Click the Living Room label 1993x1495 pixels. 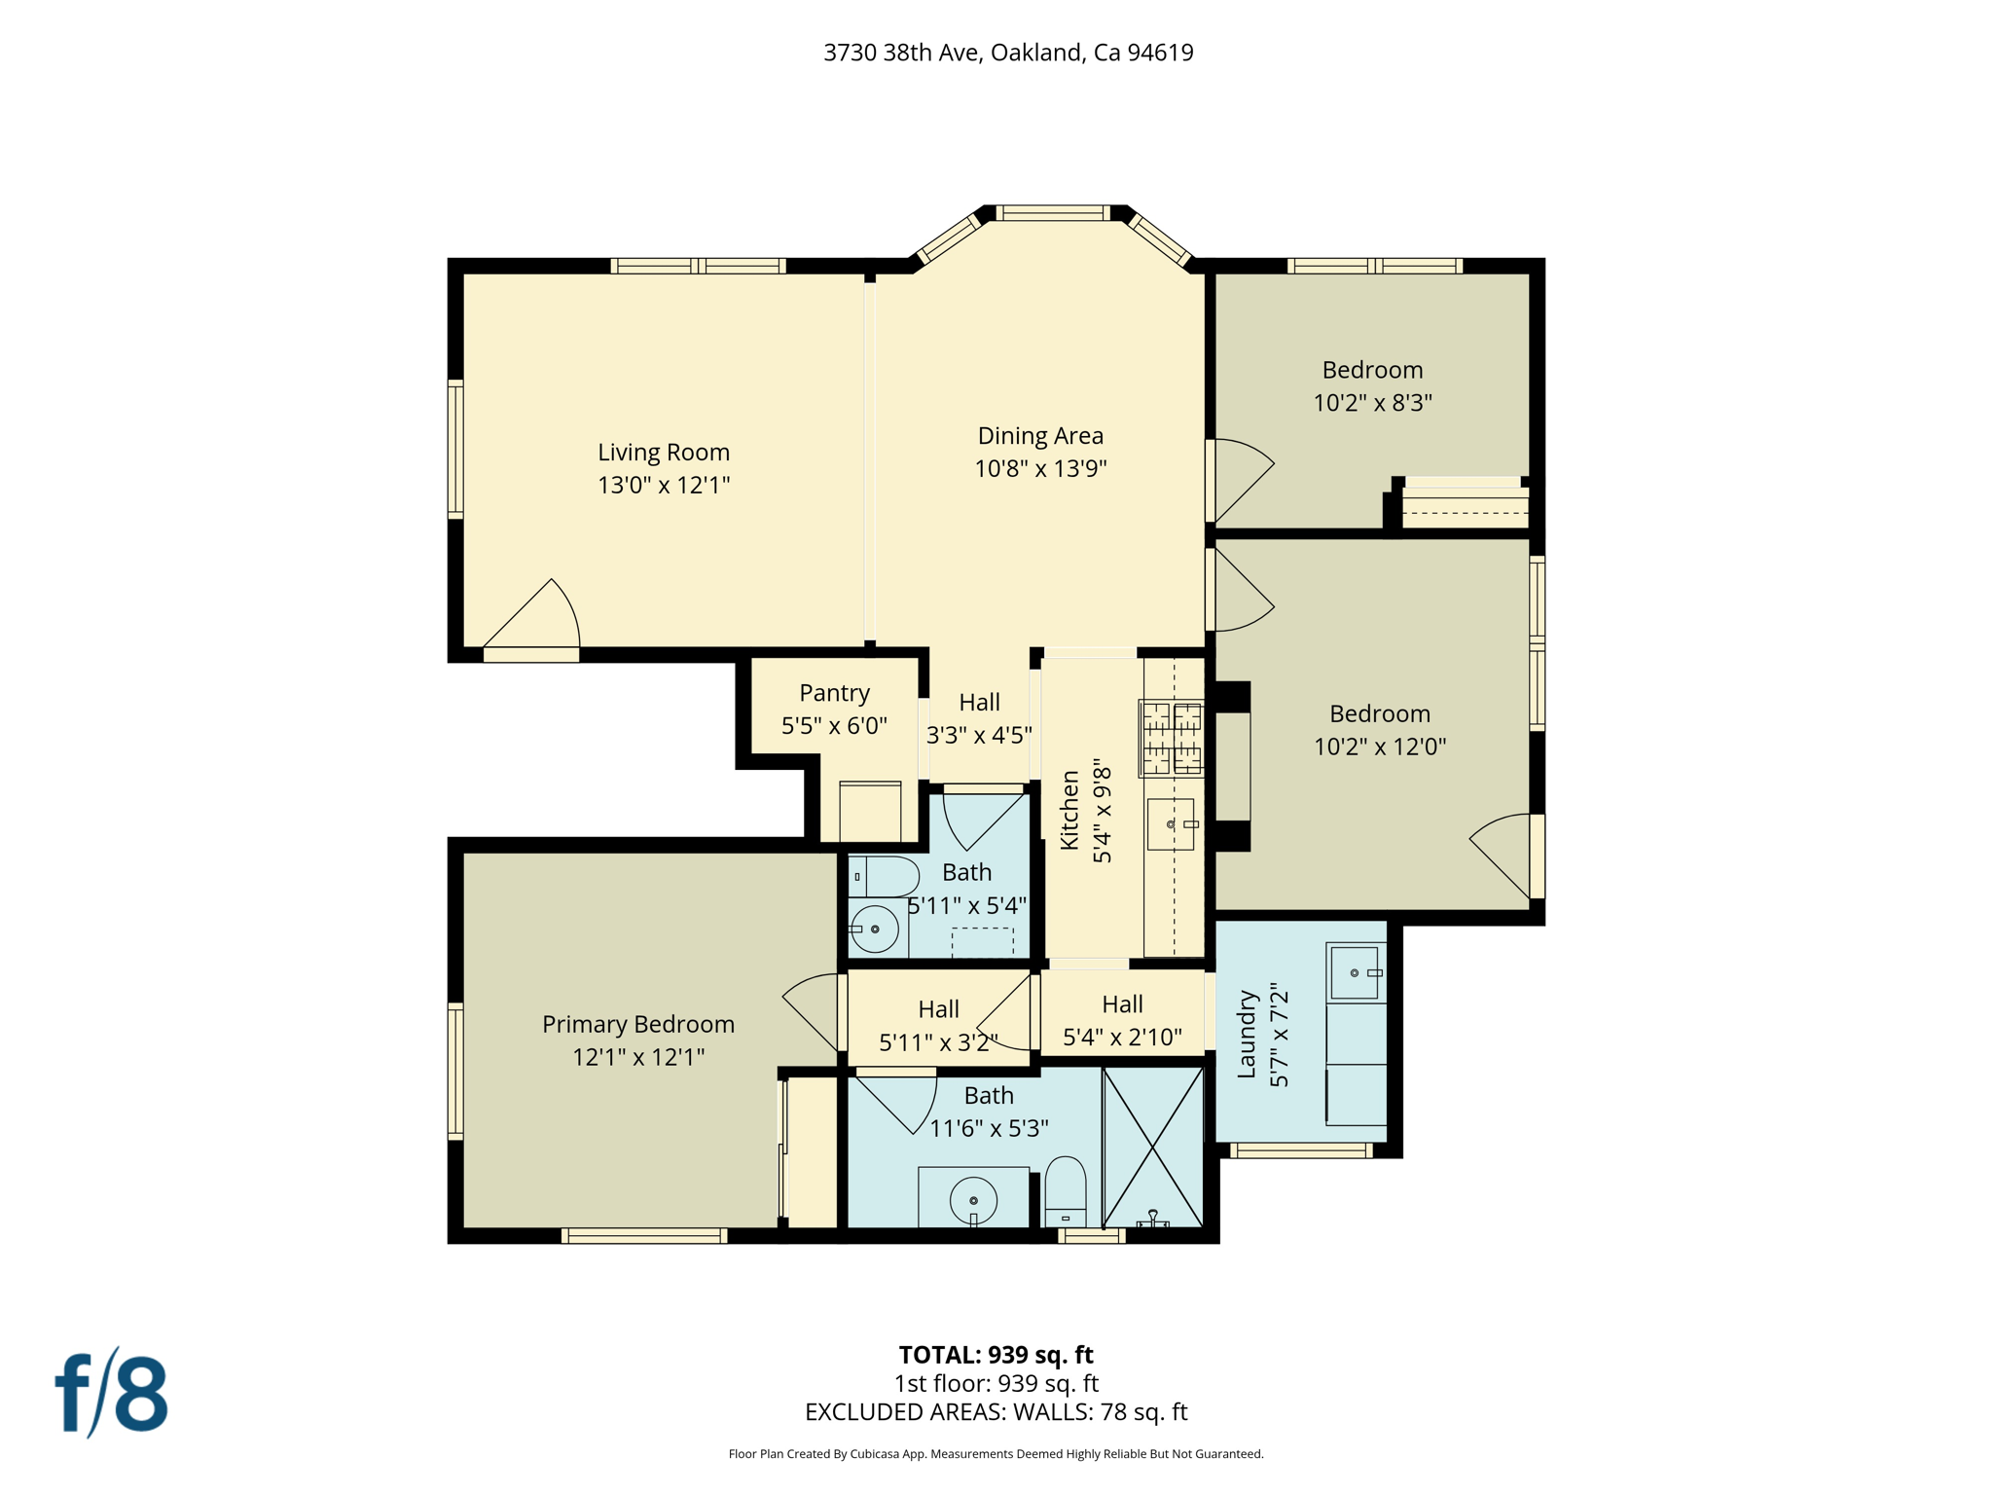pos(663,453)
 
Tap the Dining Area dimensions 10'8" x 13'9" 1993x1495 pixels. pos(1040,469)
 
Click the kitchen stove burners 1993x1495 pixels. pos(1171,738)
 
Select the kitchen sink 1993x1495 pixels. pos(1171,824)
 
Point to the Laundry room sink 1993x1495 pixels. pos(1355,971)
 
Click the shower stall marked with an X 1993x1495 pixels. pos(1153,1147)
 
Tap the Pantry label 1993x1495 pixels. pos(834,693)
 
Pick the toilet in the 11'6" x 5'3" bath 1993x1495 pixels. pos(1065,1192)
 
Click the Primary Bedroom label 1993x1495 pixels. pos(637,1024)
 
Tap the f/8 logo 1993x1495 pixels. pos(111,1393)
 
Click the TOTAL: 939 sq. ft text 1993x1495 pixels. pos(996,1355)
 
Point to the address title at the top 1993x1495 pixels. pos(1008,53)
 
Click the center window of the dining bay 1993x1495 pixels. pos(1053,213)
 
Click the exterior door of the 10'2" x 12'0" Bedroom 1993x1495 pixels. pos(1504,855)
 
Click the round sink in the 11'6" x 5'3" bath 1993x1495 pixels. pos(973,1199)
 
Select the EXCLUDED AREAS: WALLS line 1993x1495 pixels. pos(996,1411)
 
